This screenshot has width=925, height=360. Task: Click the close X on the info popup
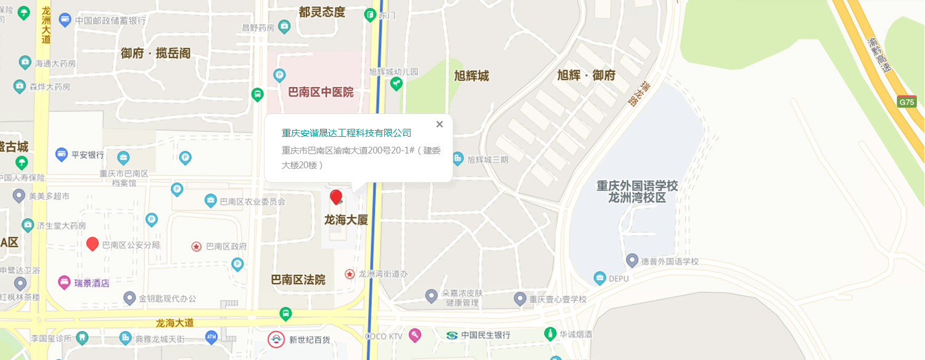tap(440, 125)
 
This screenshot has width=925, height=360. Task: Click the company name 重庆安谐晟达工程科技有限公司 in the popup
tap(347, 133)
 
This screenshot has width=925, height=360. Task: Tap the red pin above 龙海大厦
tap(336, 197)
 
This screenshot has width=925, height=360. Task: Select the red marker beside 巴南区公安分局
tap(92, 243)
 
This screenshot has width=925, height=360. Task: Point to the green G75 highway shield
tap(907, 102)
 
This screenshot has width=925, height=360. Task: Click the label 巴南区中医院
tap(321, 92)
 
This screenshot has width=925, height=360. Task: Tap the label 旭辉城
tap(471, 76)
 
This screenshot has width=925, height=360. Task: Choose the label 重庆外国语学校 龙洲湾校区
tap(637, 192)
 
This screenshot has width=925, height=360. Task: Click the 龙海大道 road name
tap(175, 322)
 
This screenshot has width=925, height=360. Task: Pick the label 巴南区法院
tap(298, 280)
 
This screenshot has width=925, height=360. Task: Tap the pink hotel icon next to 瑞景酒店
tap(64, 283)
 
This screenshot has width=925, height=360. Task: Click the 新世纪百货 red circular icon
tap(276, 340)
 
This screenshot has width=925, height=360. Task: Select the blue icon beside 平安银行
tap(61, 154)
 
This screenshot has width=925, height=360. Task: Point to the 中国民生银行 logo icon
tap(452, 335)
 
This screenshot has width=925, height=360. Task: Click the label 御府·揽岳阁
tap(155, 54)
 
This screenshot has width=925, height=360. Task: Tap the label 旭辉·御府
tap(586, 76)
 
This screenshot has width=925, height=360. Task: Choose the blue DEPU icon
tap(599, 279)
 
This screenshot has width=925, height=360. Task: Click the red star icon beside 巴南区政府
tap(197, 247)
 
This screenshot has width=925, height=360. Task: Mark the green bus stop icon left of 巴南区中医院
tap(258, 94)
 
